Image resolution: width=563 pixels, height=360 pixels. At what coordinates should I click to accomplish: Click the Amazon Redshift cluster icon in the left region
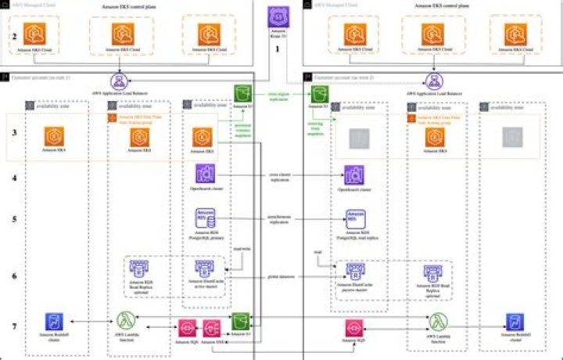tap(53, 321)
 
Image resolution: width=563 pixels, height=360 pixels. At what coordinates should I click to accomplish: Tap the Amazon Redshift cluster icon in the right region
tap(515, 321)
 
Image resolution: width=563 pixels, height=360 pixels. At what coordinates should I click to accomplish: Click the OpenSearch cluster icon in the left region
tap(206, 175)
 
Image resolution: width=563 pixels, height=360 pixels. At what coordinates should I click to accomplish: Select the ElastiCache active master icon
tap(205, 272)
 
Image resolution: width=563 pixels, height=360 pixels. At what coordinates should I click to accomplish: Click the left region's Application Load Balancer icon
tap(120, 81)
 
